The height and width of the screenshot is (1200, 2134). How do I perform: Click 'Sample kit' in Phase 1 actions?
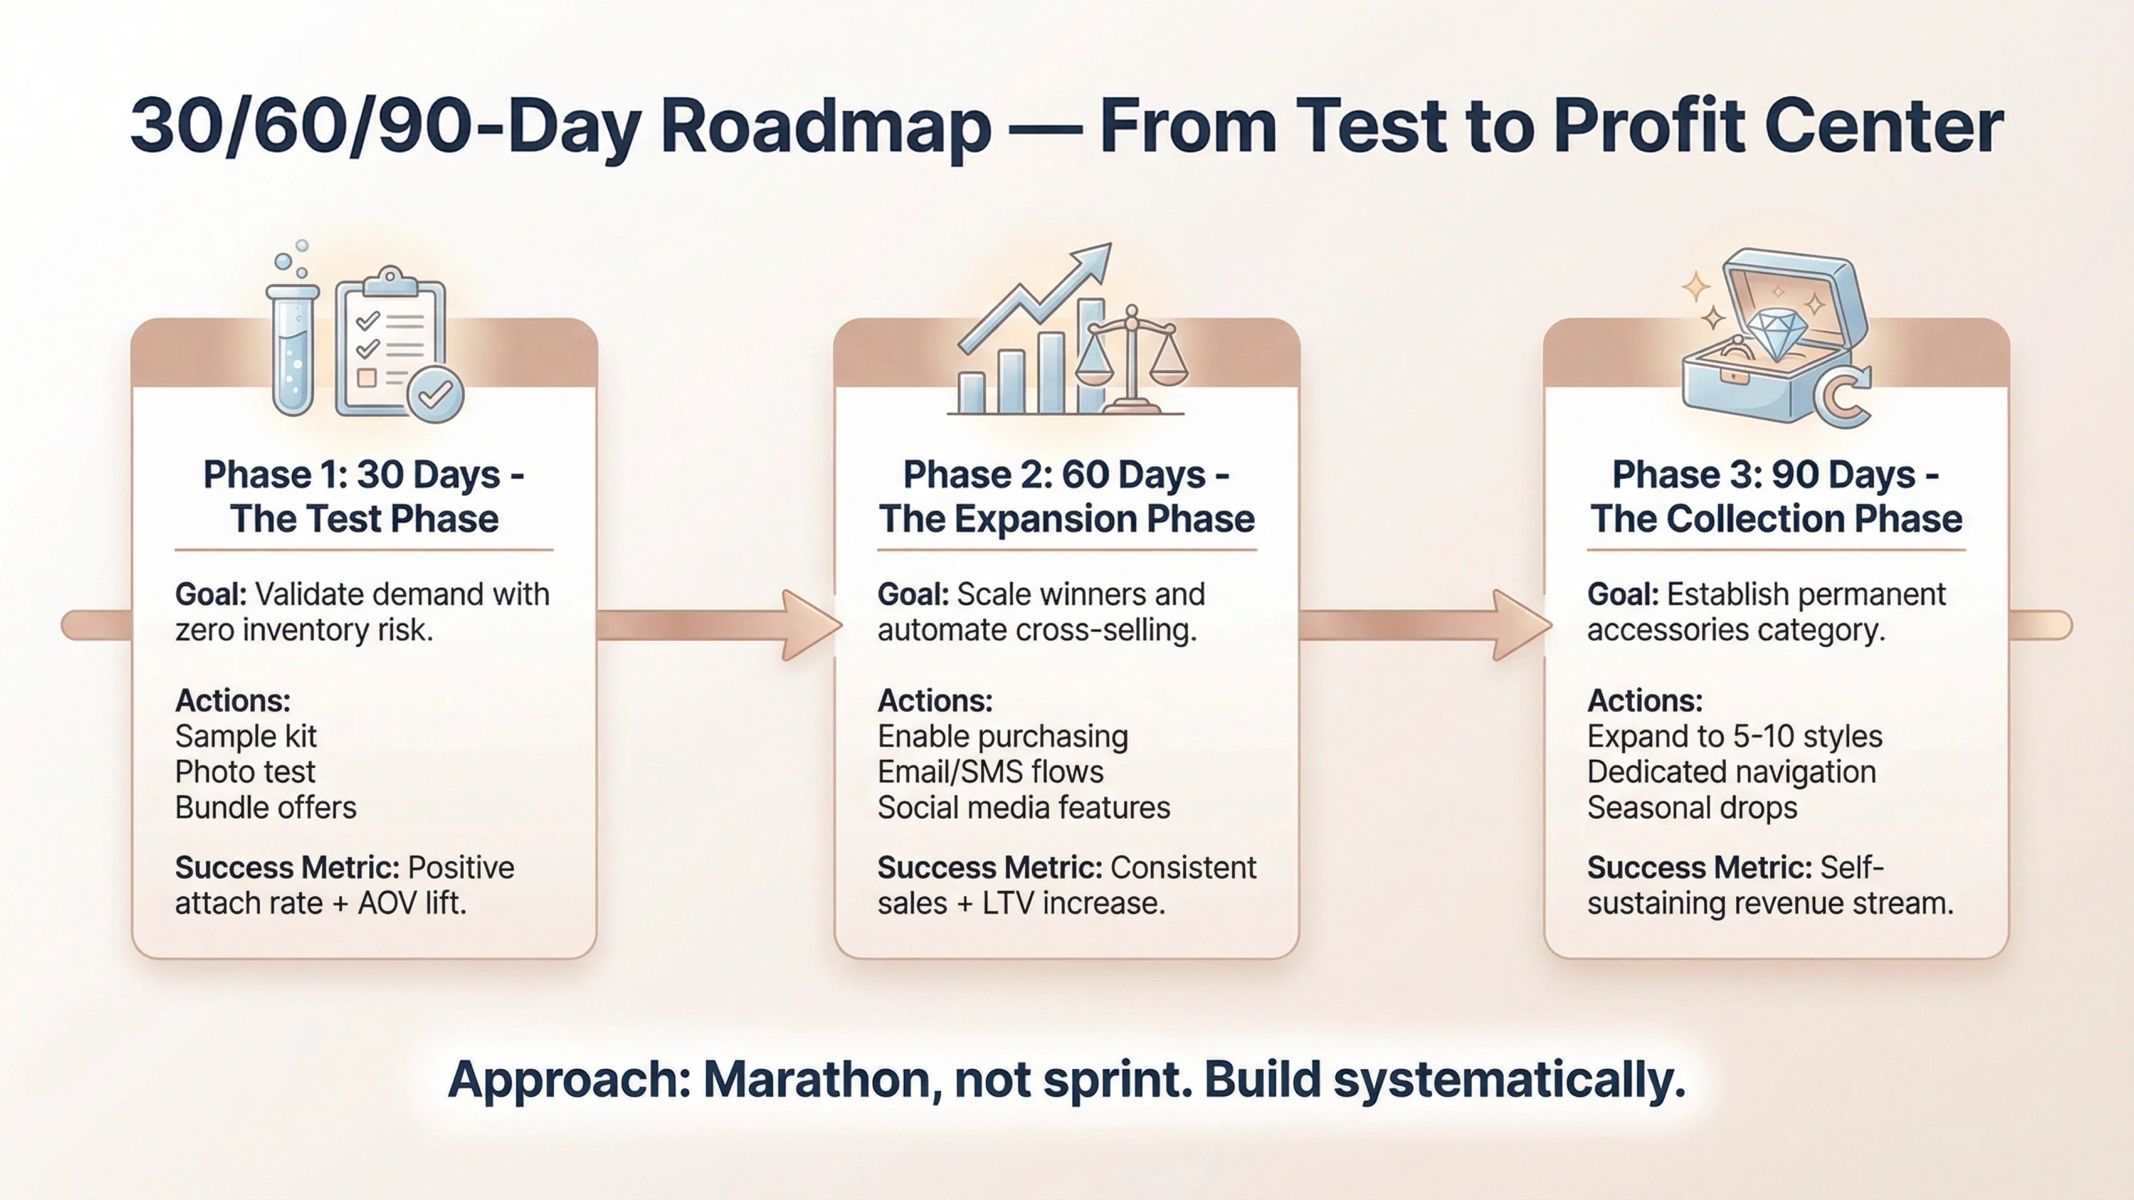pyautogui.click(x=245, y=736)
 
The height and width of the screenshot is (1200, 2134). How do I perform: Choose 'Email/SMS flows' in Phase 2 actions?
pyautogui.click(x=990, y=772)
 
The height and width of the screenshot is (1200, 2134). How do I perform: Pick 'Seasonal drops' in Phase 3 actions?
pyautogui.click(x=1692, y=807)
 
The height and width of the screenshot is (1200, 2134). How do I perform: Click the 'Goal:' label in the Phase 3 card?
pyautogui.click(x=1622, y=595)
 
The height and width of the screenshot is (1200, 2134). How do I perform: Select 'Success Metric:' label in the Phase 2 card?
pyautogui.click(x=989, y=868)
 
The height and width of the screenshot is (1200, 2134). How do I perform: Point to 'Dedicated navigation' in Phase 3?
pyautogui.click(x=1731, y=772)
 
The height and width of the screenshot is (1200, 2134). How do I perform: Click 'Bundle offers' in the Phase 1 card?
pyautogui.click(x=265, y=807)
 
